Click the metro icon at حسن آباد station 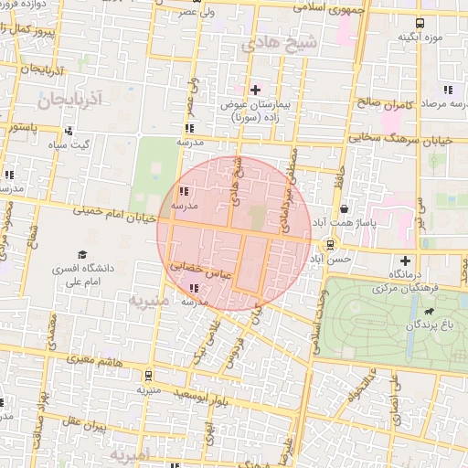(x=329, y=244)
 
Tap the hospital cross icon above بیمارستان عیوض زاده (x=255, y=90)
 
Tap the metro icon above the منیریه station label (x=148, y=376)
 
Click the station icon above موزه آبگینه (x=419, y=24)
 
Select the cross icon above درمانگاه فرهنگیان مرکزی (x=406, y=261)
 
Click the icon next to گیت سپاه (x=69, y=131)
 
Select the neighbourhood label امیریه (x=129, y=453)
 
